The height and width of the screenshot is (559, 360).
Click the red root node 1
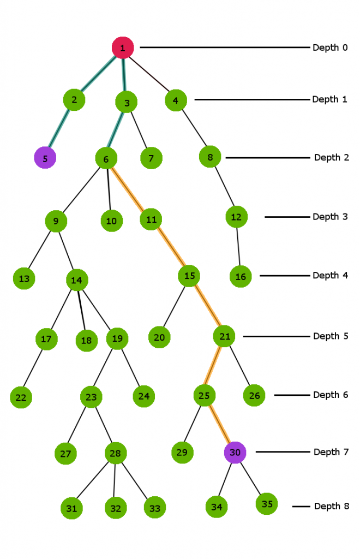(x=123, y=47)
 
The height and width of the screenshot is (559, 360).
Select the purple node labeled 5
(x=45, y=158)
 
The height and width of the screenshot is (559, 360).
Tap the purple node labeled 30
(x=235, y=452)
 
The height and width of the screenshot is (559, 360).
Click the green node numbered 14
(x=77, y=280)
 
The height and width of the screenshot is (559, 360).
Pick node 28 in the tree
(x=115, y=453)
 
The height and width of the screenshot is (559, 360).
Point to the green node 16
(x=241, y=276)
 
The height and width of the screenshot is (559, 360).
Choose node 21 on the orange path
(x=224, y=336)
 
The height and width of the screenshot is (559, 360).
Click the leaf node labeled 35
(x=267, y=503)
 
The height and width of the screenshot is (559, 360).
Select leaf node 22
(x=21, y=397)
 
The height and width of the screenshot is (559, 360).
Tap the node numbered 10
(x=111, y=221)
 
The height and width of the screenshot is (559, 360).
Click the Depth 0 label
(x=329, y=47)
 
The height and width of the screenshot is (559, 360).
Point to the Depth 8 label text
(x=331, y=506)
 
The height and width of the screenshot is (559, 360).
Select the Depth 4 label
(x=329, y=275)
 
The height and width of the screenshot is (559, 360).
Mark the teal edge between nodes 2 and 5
(x=59, y=129)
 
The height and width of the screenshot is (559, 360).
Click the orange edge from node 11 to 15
(x=171, y=247)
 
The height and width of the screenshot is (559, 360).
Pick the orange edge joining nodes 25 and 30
(x=219, y=424)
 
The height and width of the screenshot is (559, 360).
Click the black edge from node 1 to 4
(x=150, y=74)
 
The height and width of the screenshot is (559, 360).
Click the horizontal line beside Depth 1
(x=251, y=99)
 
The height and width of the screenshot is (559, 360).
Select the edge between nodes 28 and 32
(x=115, y=480)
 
